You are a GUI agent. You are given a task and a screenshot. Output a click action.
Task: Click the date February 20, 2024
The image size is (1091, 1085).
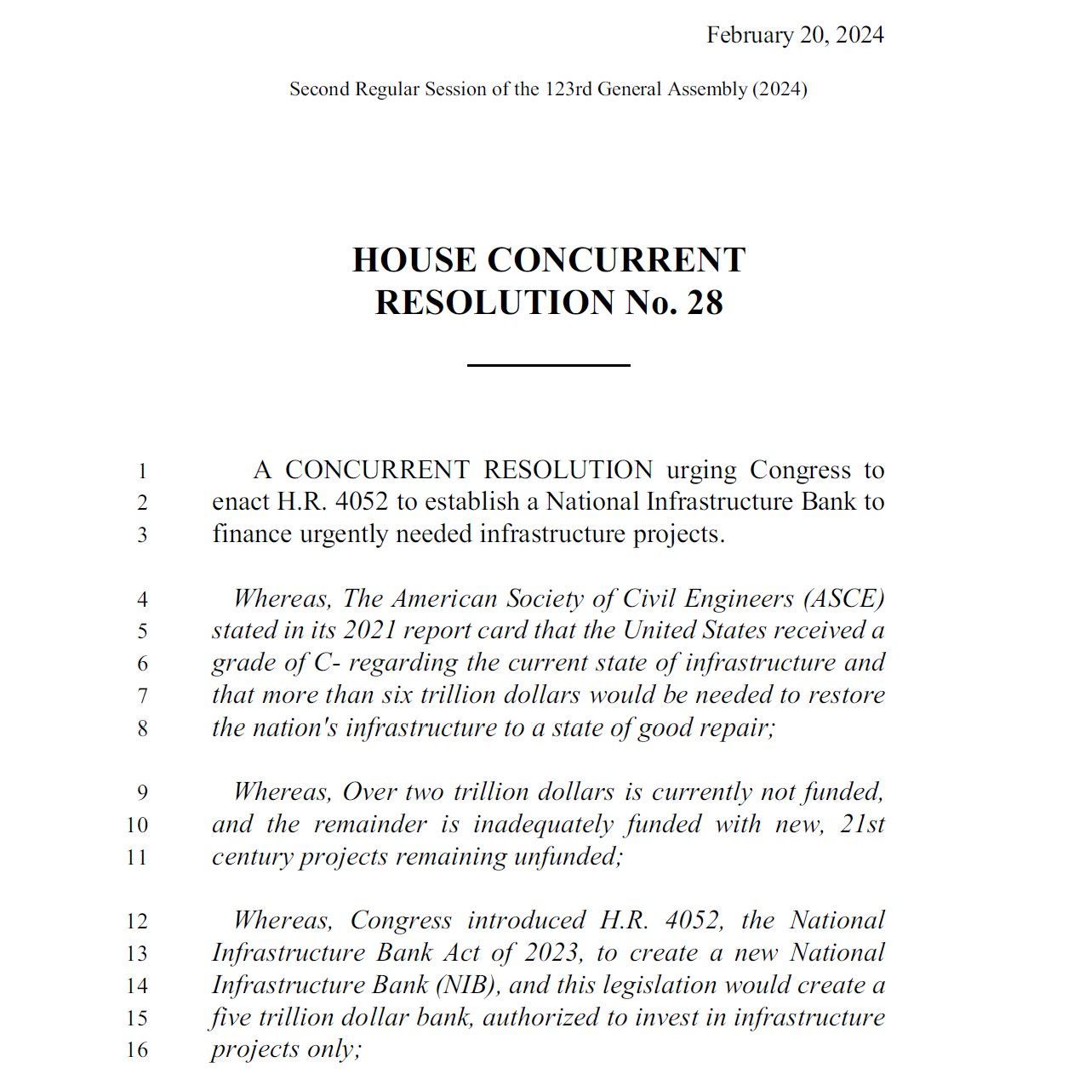click(795, 35)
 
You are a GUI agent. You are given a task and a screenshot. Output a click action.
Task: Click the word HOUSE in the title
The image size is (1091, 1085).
click(414, 260)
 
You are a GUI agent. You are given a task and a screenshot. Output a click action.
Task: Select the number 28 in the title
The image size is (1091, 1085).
click(705, 303)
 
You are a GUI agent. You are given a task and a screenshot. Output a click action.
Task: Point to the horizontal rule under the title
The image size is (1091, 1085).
click(548, 365)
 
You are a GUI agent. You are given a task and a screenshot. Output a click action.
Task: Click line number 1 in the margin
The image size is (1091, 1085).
click(142, 471)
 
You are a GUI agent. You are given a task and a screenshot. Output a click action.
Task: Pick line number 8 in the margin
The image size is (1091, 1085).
click(142, 728)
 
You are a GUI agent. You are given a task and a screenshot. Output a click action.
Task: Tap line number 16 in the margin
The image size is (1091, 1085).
click(137, 1050)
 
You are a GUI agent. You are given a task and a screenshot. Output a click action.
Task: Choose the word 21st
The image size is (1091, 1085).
click(862, 825)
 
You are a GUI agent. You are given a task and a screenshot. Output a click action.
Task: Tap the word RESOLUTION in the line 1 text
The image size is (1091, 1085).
click(568, 471)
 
